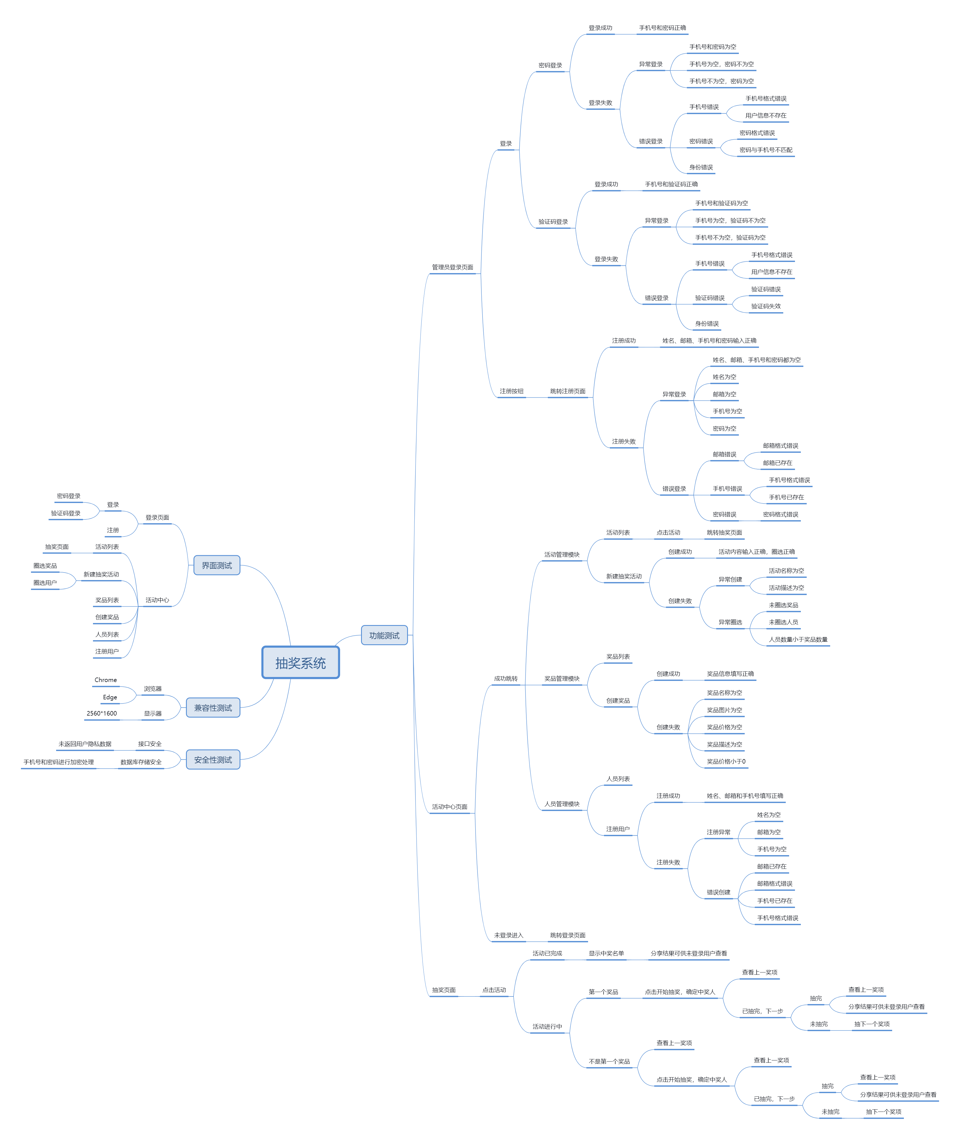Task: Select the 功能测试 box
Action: (x=384, y=635)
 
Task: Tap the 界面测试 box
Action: (x=217, y=566)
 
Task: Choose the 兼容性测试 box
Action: (x=213, y=708)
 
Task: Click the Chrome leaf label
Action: (x=106, y=680)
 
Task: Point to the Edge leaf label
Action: (x=110, y=697)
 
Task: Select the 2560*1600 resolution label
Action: (x=102, y=714)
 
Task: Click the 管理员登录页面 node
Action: (x=452, y=267)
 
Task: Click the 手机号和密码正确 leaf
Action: (x=662, y=28)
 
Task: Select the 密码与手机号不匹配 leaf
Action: (x=766, y=150)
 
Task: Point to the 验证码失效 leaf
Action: (x=766, y=306)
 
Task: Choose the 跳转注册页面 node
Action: (x=568, y=391)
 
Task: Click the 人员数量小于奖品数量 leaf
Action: (x=798, y=640)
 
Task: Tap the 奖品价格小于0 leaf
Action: (x=726, y=762)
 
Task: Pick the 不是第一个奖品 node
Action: (x=609, y=1062)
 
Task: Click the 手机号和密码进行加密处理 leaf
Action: (x=59, y=762)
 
